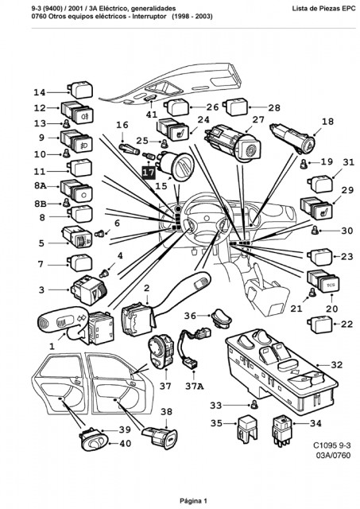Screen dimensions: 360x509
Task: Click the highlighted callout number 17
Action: pyautogui.click(x=149, y=172)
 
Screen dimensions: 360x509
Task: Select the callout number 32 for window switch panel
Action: pyautogui.click(x=337, y=365)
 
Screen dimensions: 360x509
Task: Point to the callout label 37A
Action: pyautogui.click(x=195, y=387)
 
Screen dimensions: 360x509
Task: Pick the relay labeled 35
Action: pyautogui.click(x=248, y=428)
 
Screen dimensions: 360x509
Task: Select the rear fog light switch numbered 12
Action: pyautogui.click(x=77, y=112)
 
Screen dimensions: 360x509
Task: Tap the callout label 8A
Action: pyautogui.click(x=41, y=186)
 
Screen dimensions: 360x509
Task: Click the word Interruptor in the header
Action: pyautogui.click(x=149, y=16)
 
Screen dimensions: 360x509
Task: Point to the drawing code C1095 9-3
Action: pyautogui.click(x=331, y=445)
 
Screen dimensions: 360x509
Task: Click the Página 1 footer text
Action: pyautogui.click(x=193, y=501)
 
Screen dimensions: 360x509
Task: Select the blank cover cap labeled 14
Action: pyautogui.click(x=79, y=90)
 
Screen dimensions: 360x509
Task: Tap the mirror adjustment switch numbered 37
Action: pyautogui.click(x=161, y=352)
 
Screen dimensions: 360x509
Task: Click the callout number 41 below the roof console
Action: pyautogui.click(x=152, y=115)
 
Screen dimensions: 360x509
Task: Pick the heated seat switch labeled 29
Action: pyautogui.click(x=316, y=207)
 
